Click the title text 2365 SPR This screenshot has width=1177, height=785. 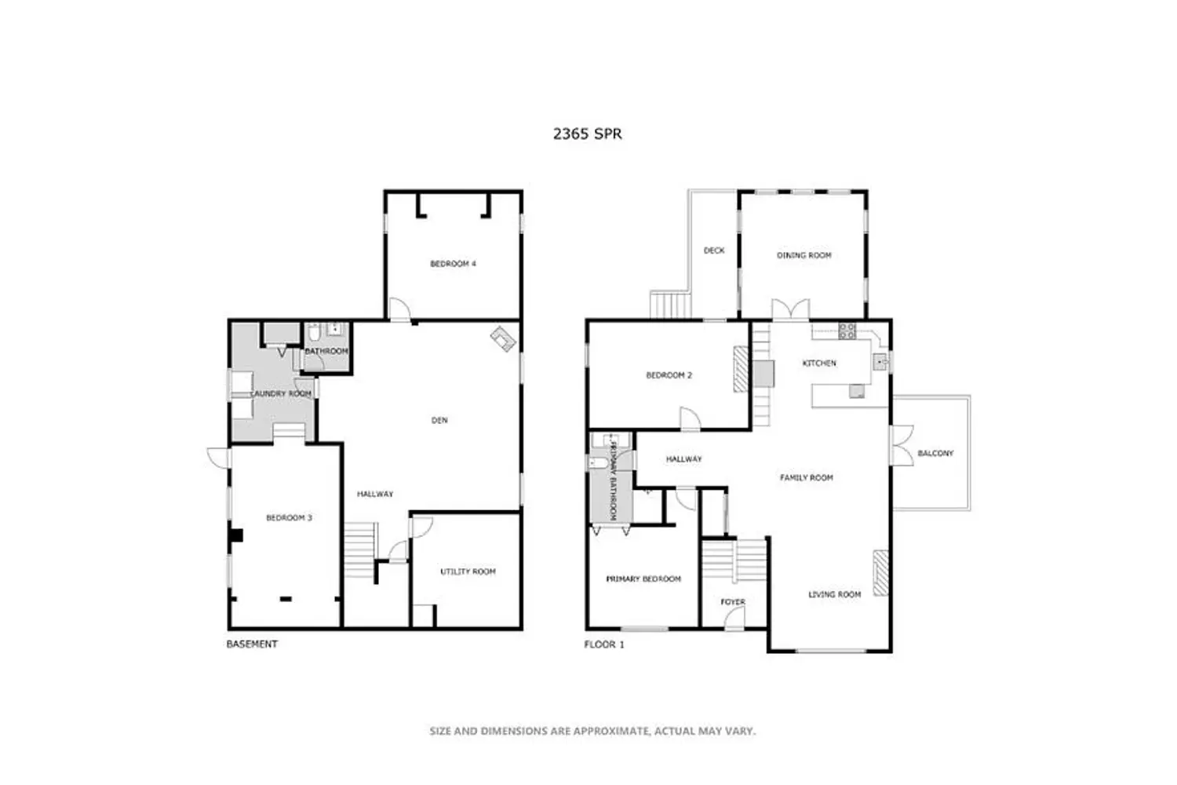[587, 134]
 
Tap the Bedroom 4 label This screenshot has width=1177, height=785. [453, 264]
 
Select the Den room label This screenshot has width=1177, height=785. [439, 420]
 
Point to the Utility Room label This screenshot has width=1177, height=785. [468, 571]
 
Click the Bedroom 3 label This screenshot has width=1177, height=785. [289, 518]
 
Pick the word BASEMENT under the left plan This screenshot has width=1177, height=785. [252, 644]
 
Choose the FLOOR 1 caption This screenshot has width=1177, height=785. [604, 644]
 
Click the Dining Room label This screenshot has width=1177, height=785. [804, 256]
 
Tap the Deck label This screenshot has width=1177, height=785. [714, 250]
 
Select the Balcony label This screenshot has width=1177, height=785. [935, 453]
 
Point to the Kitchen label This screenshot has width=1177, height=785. [819, 363]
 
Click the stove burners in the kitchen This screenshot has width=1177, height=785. [847, 330]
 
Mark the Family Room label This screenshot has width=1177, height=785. [806, 478]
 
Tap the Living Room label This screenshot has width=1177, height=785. [834, 595]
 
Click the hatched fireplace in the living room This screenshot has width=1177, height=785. [880, 572]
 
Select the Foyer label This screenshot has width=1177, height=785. [732, 602]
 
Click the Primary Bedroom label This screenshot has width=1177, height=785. [643, 579]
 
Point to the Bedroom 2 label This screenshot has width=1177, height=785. [669, 375]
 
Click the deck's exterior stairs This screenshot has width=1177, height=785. [670, 305]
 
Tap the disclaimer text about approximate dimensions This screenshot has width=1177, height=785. [592, 731]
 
